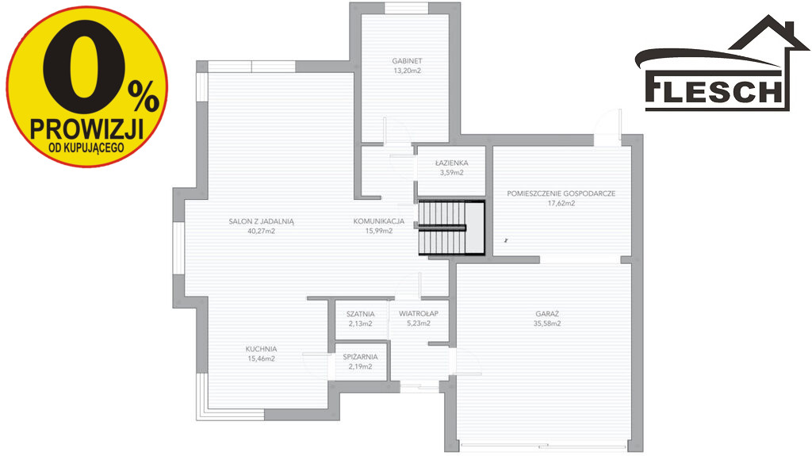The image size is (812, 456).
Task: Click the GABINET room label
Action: [x=407, y=61]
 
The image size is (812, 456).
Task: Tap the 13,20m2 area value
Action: [x=407, y=71]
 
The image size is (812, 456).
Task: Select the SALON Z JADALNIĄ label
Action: [x=261, y=221]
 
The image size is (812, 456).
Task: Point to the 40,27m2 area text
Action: [x=261, y=231]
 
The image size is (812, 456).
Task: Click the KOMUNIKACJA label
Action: [x=378, y=221]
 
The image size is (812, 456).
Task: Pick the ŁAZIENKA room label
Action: [x=451, y=163]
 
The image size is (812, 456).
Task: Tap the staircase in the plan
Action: [x=451, y=228]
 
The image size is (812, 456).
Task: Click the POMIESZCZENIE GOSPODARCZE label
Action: [x=561, y=194]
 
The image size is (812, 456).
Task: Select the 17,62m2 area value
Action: [x=561, y=203]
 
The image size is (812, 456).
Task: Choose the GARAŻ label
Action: [x=547, y=313]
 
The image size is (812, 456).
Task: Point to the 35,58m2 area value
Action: [x=547, y=324]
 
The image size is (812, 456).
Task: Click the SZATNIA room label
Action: [x=361, y=314]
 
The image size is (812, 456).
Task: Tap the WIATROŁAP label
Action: [x=419, y=313]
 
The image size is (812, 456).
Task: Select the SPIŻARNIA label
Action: [x=360, y=357]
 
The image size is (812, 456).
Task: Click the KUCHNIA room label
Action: [x=261, y=349]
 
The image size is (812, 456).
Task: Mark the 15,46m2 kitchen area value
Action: [x=261, y=358]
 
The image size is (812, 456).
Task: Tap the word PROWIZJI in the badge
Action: [x=86, y=128]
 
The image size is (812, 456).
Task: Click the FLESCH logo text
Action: [x=714, y=90]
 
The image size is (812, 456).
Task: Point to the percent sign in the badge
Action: [x=144, y=97]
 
